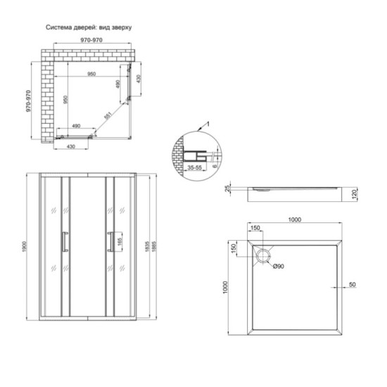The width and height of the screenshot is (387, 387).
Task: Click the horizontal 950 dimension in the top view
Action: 91,73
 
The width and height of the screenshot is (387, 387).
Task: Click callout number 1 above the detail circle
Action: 208,124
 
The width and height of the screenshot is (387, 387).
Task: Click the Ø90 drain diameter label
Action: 278,266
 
